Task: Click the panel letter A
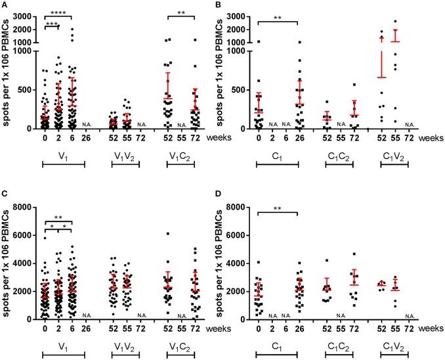5,5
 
